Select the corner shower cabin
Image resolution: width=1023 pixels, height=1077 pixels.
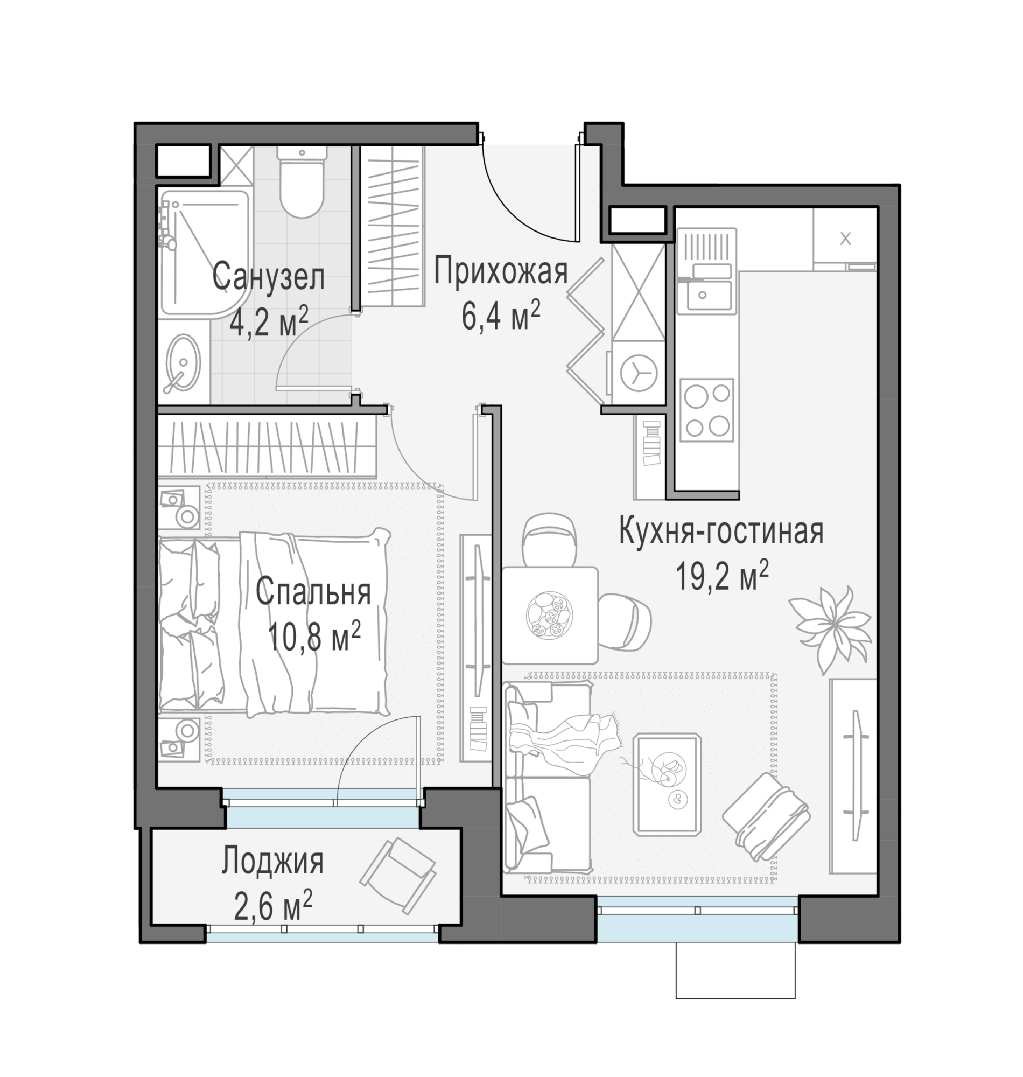[x=205, y=253]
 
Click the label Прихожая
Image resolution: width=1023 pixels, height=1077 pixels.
[x=501, y=272]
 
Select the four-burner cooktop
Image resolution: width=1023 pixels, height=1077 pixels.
[x=707, y=410]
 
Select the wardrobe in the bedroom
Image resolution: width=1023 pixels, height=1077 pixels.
[x=267, y=447]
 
